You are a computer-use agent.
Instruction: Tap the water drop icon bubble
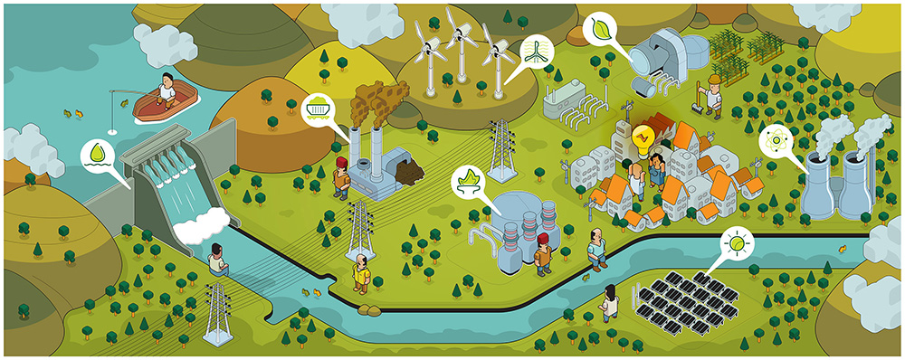(96, 155)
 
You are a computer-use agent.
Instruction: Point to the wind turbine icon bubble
(536, 52)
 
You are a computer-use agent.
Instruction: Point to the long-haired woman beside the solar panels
(611, 302)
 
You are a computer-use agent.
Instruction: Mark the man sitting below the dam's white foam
(216, 260)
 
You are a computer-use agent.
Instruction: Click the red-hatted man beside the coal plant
(340, 177)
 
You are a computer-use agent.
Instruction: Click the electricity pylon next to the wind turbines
(500, 150)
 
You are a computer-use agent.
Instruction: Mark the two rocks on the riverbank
(370, 313)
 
